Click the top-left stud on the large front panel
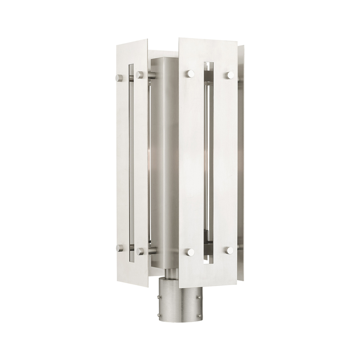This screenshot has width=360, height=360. [x=190, y=74]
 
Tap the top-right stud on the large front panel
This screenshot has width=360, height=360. [x=229, y=75]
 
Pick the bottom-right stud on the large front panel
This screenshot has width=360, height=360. [x=229, y=250]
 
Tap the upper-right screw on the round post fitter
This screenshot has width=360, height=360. [x=197, y=297]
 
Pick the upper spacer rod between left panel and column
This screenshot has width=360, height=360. [x=149, y=75]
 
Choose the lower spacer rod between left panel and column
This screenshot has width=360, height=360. [x=149, y=249]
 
